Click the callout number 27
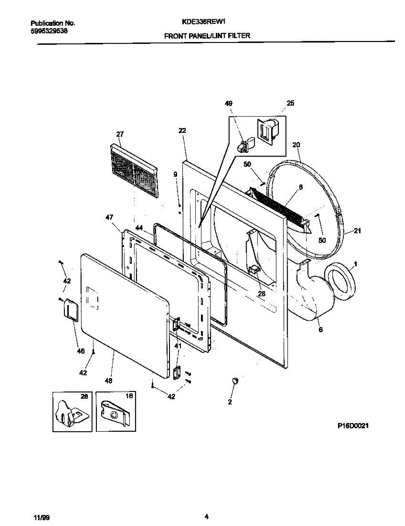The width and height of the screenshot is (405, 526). pyautogui.click(x=120, y=135)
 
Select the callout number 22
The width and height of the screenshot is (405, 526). pyautogui.click(x=183, y=131)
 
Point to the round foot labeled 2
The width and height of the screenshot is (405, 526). pyautogui.click(x=236, y=380)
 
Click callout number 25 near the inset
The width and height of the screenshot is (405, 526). pyautogui.click(x=290, y=104)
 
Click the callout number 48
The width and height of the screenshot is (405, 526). pyautogui.click(x=109, y=380)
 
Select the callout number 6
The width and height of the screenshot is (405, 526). pyautogui.click(x=320, y=330)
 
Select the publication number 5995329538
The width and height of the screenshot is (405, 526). pyautogui.click(x=49, y=31)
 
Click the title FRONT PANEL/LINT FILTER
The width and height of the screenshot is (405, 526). pyautogui.click(x=207, y=36)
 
